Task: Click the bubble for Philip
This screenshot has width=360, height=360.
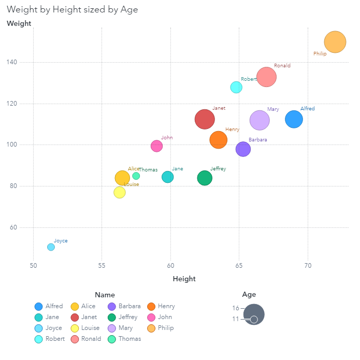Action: coord(335,42)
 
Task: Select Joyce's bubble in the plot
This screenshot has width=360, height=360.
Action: coord(51,247)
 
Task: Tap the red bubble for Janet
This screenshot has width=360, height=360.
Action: coord(205,119)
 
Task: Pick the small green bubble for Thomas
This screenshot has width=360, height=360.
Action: coord(136,176)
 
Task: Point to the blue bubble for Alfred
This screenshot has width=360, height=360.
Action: coord(294,119)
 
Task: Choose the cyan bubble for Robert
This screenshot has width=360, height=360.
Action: coord(236,87)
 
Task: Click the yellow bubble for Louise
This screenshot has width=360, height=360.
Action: coord(120,192)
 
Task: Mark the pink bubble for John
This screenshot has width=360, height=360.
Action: coord(156,146)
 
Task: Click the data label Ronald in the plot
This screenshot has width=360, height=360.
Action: coord(282,66)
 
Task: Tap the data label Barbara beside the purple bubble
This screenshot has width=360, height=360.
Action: coord(258,140)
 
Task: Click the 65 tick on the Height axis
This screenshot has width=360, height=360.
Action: coord(239,266)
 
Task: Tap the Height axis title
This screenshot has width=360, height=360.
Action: coord(184,279)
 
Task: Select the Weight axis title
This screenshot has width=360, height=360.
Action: coord(19,23)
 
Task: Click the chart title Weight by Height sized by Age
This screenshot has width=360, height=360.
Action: coord(73,9)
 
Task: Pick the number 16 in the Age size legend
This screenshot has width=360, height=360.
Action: coord(236,308)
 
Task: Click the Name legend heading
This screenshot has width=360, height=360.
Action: coord(105,295)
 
